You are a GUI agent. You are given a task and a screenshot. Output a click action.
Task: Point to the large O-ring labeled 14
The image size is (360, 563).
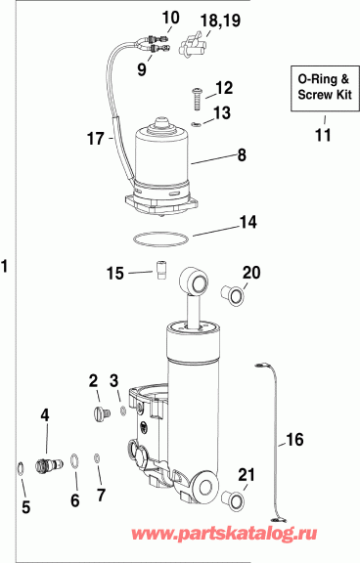(160, 240)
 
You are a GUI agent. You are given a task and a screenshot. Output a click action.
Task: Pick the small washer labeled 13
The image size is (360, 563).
(196, 125)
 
